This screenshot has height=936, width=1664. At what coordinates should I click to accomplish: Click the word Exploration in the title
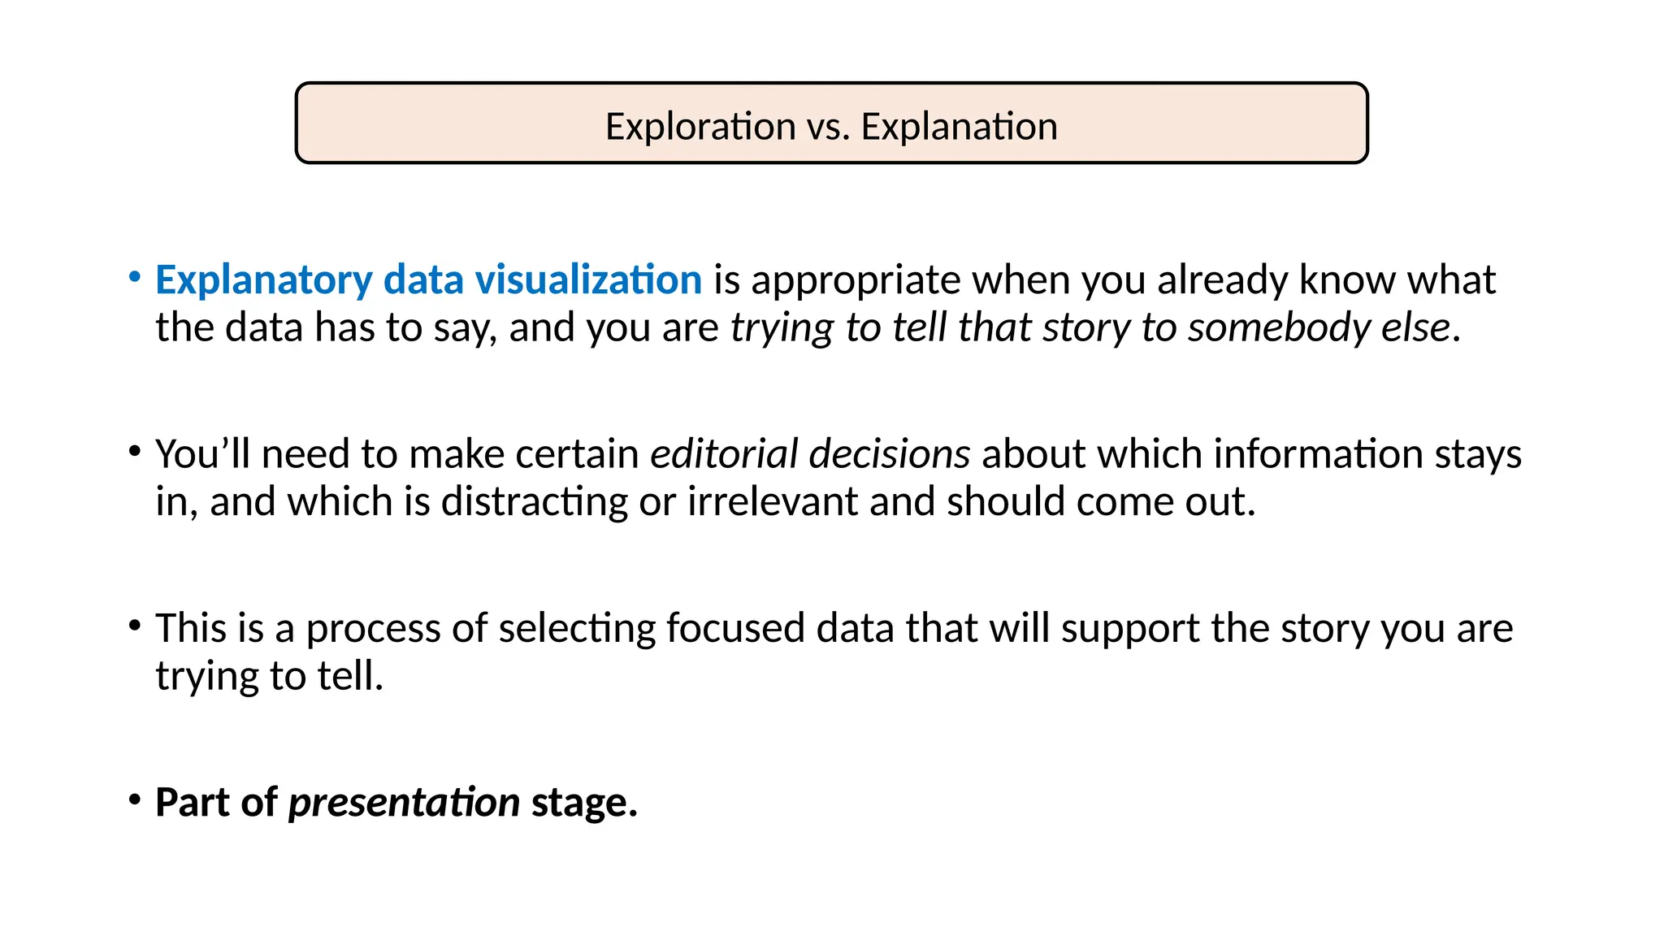[700, 127]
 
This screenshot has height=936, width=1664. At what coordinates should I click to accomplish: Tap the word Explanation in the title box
[959, 127]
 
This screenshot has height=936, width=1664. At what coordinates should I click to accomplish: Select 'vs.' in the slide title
[828, 127]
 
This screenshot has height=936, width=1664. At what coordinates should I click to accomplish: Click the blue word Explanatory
[263, 280]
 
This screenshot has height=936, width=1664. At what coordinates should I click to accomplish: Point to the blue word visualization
[588, 280]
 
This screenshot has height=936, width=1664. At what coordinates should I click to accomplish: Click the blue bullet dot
[135, 276]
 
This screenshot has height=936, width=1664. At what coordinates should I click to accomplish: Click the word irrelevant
[772, 501]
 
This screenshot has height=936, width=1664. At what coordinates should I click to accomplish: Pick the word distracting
[534, 502]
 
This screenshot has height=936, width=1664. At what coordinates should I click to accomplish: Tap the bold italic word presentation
[404, 803]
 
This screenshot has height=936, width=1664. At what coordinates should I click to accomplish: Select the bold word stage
[584, 803]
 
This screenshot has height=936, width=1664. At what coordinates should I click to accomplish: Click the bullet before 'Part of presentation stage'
[135, 799]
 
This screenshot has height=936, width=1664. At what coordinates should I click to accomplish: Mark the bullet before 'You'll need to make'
[135, 451]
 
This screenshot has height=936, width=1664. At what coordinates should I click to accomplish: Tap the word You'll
[202, 453]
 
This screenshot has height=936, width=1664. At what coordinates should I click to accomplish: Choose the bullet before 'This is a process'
[135, 625]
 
